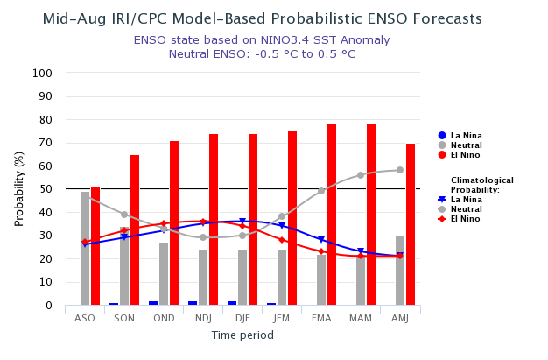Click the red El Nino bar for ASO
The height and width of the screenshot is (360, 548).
tap(95, 246)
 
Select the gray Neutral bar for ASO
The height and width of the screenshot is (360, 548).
tap(85, 249)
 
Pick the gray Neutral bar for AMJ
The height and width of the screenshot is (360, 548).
tap(400, 271)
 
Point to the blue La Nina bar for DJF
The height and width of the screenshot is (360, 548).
tap(232, 303)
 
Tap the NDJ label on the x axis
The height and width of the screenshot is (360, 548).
tap(203, 318)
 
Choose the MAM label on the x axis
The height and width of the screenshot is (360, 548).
tap(361, 318)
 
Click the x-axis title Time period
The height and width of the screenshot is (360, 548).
tap(242, 335)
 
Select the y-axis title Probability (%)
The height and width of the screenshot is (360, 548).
tap(19, 188)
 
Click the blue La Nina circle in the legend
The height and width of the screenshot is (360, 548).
tap(442, 136)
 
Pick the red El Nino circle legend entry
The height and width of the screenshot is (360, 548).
tap(442, 155)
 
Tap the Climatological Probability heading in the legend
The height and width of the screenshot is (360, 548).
tap(482, 185)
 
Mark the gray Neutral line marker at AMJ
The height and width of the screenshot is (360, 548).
tap(400, 170)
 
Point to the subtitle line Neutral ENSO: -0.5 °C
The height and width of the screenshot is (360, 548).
tap(262, 54)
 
